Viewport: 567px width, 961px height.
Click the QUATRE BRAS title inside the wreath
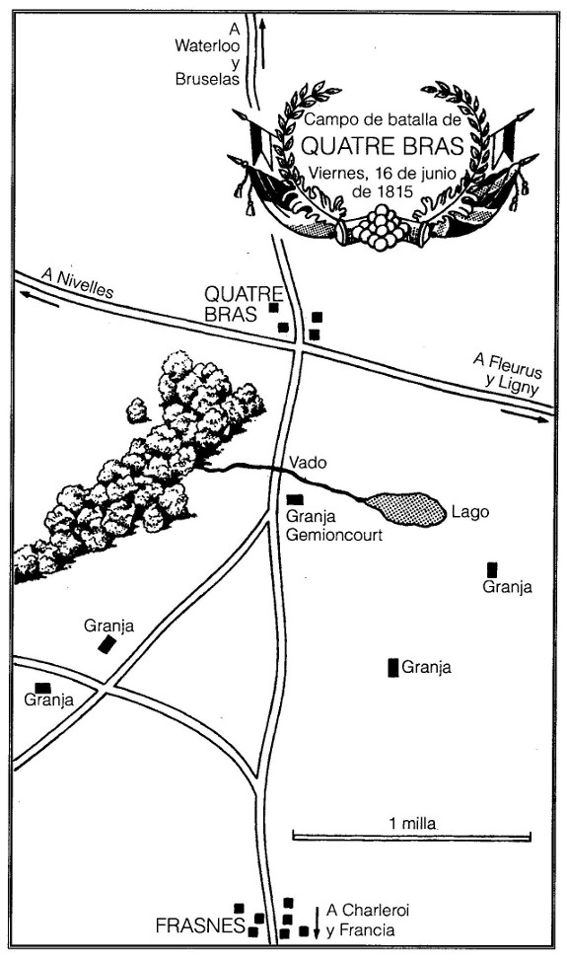tap(384, 147)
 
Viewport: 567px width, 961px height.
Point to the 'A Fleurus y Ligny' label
tap(508, 372)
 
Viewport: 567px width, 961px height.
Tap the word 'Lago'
tap(470, 511)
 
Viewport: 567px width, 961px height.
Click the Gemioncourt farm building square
tap(295, 499)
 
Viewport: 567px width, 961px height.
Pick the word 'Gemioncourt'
tap(334, 535)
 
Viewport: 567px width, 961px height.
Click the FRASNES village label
tap(200, 926)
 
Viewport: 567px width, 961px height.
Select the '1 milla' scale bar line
tap(411, 836)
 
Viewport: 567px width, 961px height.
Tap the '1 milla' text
tap(413, 823)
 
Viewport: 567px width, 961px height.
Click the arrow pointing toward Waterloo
tap(262, 42)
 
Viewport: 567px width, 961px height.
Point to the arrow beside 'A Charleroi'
tap(316, 922)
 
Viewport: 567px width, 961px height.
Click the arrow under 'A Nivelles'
tap(39, 300)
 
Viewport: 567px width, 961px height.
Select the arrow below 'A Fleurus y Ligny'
tap(525, 415)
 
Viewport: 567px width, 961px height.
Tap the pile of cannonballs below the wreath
tap(380, 228)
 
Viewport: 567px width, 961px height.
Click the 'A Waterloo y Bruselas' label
tap(207, 54)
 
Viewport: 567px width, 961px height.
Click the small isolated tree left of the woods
tap(138, 410)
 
